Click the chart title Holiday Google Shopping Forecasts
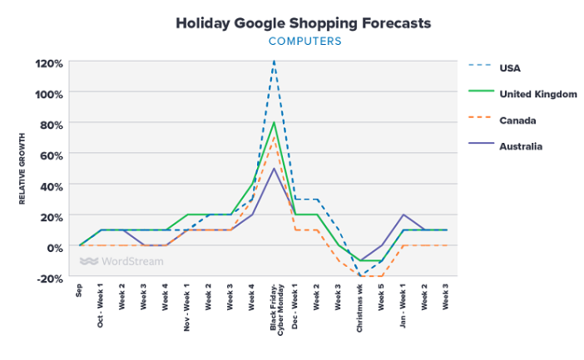[x=303, y=23]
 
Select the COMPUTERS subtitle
[x=304, y=41]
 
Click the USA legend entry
[x=509, y=67]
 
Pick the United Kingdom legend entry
[x=537, y=94]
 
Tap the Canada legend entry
[x=517, y=121]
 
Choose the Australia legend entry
[x=521, y=146]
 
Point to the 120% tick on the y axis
[x=48, y=62]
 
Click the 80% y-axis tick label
[x=51, y=124]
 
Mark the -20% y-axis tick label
[x=49, y=278]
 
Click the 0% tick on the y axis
[x=54, y=247]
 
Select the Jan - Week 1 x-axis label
[x=403, y=307]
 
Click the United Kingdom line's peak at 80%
[x=274, y=123]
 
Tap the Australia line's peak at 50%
[x=274, y=169]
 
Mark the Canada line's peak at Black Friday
[x=274, y=138]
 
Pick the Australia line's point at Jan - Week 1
[x=403, y=215]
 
